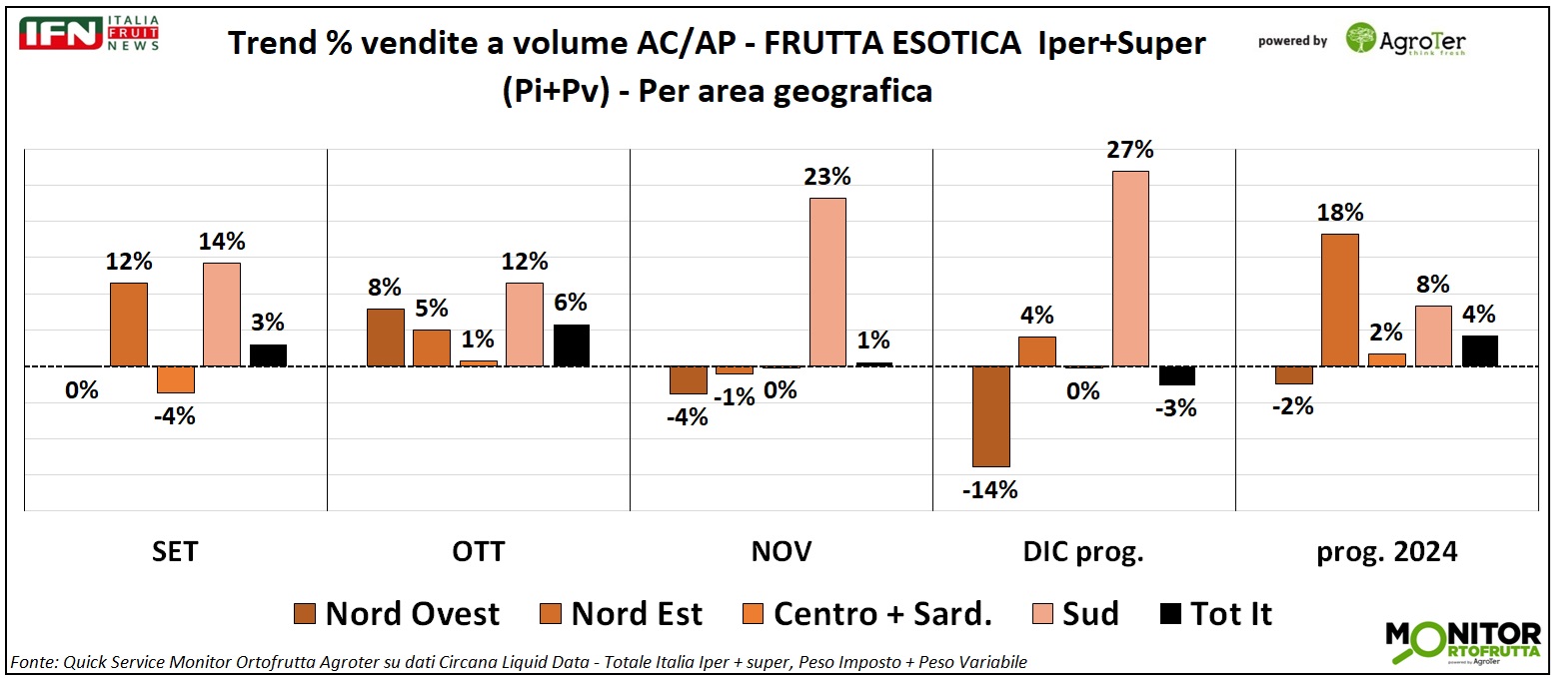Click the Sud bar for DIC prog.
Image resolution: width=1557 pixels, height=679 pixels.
point(1130,269)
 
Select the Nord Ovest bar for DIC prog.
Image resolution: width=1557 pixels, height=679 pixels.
point(991,416)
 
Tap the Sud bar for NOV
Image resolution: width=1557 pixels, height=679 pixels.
point(827,282)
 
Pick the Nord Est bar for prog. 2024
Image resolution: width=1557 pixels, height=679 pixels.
point(1340,300)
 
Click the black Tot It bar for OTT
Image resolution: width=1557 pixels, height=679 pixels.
point(572,345)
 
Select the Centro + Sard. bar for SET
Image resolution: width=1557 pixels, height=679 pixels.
point(176,379)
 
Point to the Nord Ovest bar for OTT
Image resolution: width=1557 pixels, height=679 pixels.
point(385,338)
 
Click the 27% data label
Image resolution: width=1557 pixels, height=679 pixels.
point(1130,150)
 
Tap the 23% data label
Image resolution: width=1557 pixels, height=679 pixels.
point(827,177)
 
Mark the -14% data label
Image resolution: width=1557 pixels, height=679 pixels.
point(991,489)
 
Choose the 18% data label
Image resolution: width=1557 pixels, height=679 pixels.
point(1340,213)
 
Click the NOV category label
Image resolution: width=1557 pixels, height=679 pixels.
point(780,551)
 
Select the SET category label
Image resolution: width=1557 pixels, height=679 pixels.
point(175,551)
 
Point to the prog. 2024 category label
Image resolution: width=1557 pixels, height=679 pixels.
point(1385,551)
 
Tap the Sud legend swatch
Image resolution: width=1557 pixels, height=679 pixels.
point(1042,613)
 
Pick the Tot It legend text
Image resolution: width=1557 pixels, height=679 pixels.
point(1231,613)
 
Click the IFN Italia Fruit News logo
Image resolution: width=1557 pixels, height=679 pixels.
point(89,34)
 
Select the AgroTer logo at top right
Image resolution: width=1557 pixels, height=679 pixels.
point(1404,40)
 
